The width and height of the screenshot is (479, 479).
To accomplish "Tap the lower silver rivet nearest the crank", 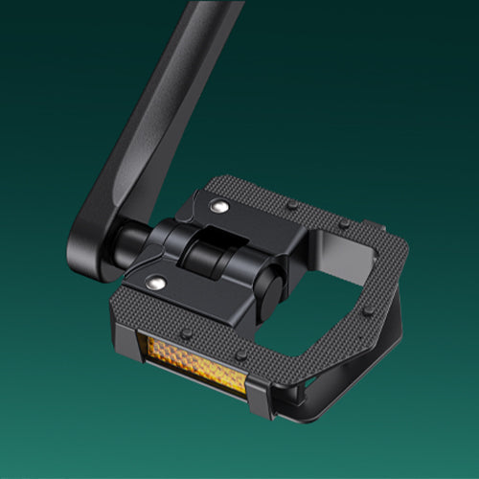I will point(155,283).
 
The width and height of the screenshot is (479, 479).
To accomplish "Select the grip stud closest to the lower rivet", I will point(189,334).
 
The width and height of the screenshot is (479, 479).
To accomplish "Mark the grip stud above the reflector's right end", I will point(242,356).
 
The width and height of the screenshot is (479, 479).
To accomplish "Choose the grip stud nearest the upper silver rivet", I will point(289,204).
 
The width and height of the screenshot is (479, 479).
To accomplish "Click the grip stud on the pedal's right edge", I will point(369,311).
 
